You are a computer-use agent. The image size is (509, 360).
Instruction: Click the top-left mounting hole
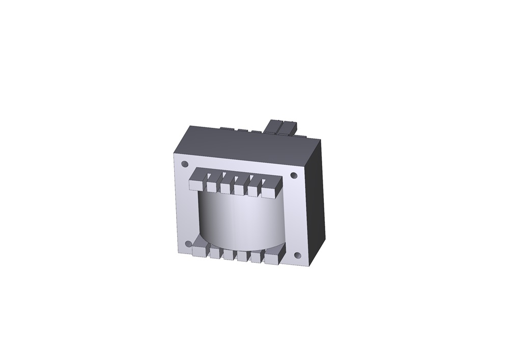click(185, 164)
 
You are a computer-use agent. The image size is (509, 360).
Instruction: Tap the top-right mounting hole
click(294, 176)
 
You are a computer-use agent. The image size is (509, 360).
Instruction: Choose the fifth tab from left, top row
click(253, 190)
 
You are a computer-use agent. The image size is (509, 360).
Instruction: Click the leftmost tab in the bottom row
click(200, 250)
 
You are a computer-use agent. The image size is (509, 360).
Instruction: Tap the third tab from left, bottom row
click(228, 255)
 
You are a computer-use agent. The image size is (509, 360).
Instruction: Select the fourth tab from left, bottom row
click(242, 256)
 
